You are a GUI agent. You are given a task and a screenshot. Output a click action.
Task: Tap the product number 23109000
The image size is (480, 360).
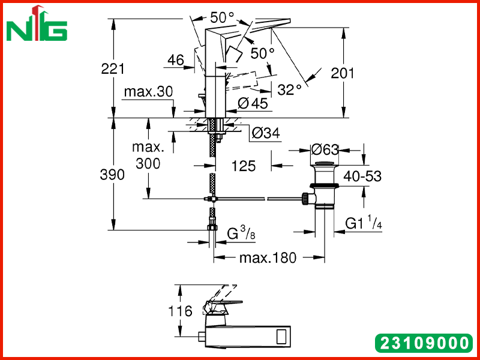point(424,343)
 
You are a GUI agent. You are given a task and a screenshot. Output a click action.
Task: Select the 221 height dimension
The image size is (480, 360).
point(113,68)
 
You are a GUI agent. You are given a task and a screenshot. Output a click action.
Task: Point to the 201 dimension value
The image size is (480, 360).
point(342,73)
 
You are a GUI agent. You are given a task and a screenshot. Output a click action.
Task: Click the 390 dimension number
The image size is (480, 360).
point(112,175)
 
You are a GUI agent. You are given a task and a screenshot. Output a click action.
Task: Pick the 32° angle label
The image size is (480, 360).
point(289,89)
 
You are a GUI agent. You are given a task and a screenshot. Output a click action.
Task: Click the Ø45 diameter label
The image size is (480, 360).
point(253,104)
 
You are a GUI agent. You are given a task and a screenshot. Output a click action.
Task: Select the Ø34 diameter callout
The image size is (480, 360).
point(266,133)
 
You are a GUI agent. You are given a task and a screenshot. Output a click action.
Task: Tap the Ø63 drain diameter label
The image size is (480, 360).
point(325,149)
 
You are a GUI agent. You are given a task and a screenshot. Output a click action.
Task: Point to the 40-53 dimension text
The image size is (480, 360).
point(362,176)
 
